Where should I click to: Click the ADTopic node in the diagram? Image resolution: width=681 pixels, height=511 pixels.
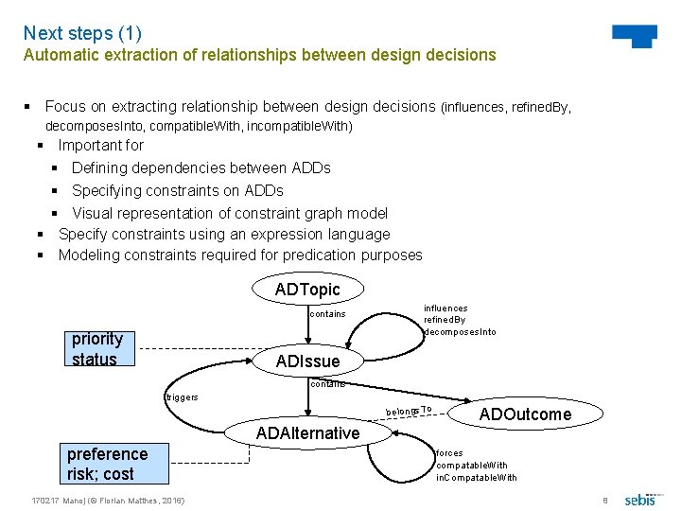(x=306, y=290)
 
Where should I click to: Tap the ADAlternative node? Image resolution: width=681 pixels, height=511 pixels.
(x=307, y=432)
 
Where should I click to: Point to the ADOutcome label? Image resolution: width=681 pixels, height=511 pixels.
(x=525, y=414)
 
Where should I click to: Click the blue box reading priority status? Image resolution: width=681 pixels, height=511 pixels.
(x=99, y=348)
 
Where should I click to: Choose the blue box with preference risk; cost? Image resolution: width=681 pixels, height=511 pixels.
(x=107, y=464)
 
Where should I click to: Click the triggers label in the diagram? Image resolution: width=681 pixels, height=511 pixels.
(x=182, y=397)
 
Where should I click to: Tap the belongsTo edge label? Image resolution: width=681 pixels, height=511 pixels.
(x=409, y=411)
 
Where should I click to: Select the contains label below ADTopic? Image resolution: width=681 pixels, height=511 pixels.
(x=327, y=314)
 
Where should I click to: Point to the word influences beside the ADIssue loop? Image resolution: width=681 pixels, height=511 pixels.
(x=445, y=308)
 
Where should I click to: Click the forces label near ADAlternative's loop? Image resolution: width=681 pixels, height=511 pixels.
(x=449, y=453)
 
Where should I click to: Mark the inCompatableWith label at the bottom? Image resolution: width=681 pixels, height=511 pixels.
(x=476, y=477)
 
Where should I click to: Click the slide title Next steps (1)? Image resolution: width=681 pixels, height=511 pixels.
(x=82, y=34)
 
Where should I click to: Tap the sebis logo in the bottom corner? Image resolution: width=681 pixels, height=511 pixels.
(x=640, y=499)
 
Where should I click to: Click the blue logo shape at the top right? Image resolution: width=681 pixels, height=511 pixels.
(x=635, y=36)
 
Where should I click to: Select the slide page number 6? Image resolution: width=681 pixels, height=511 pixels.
(x=605, y=500)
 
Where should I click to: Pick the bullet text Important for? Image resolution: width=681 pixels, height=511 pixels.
(x=100, y=146)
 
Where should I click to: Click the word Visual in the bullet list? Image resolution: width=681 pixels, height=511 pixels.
(x=93, y=213)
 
